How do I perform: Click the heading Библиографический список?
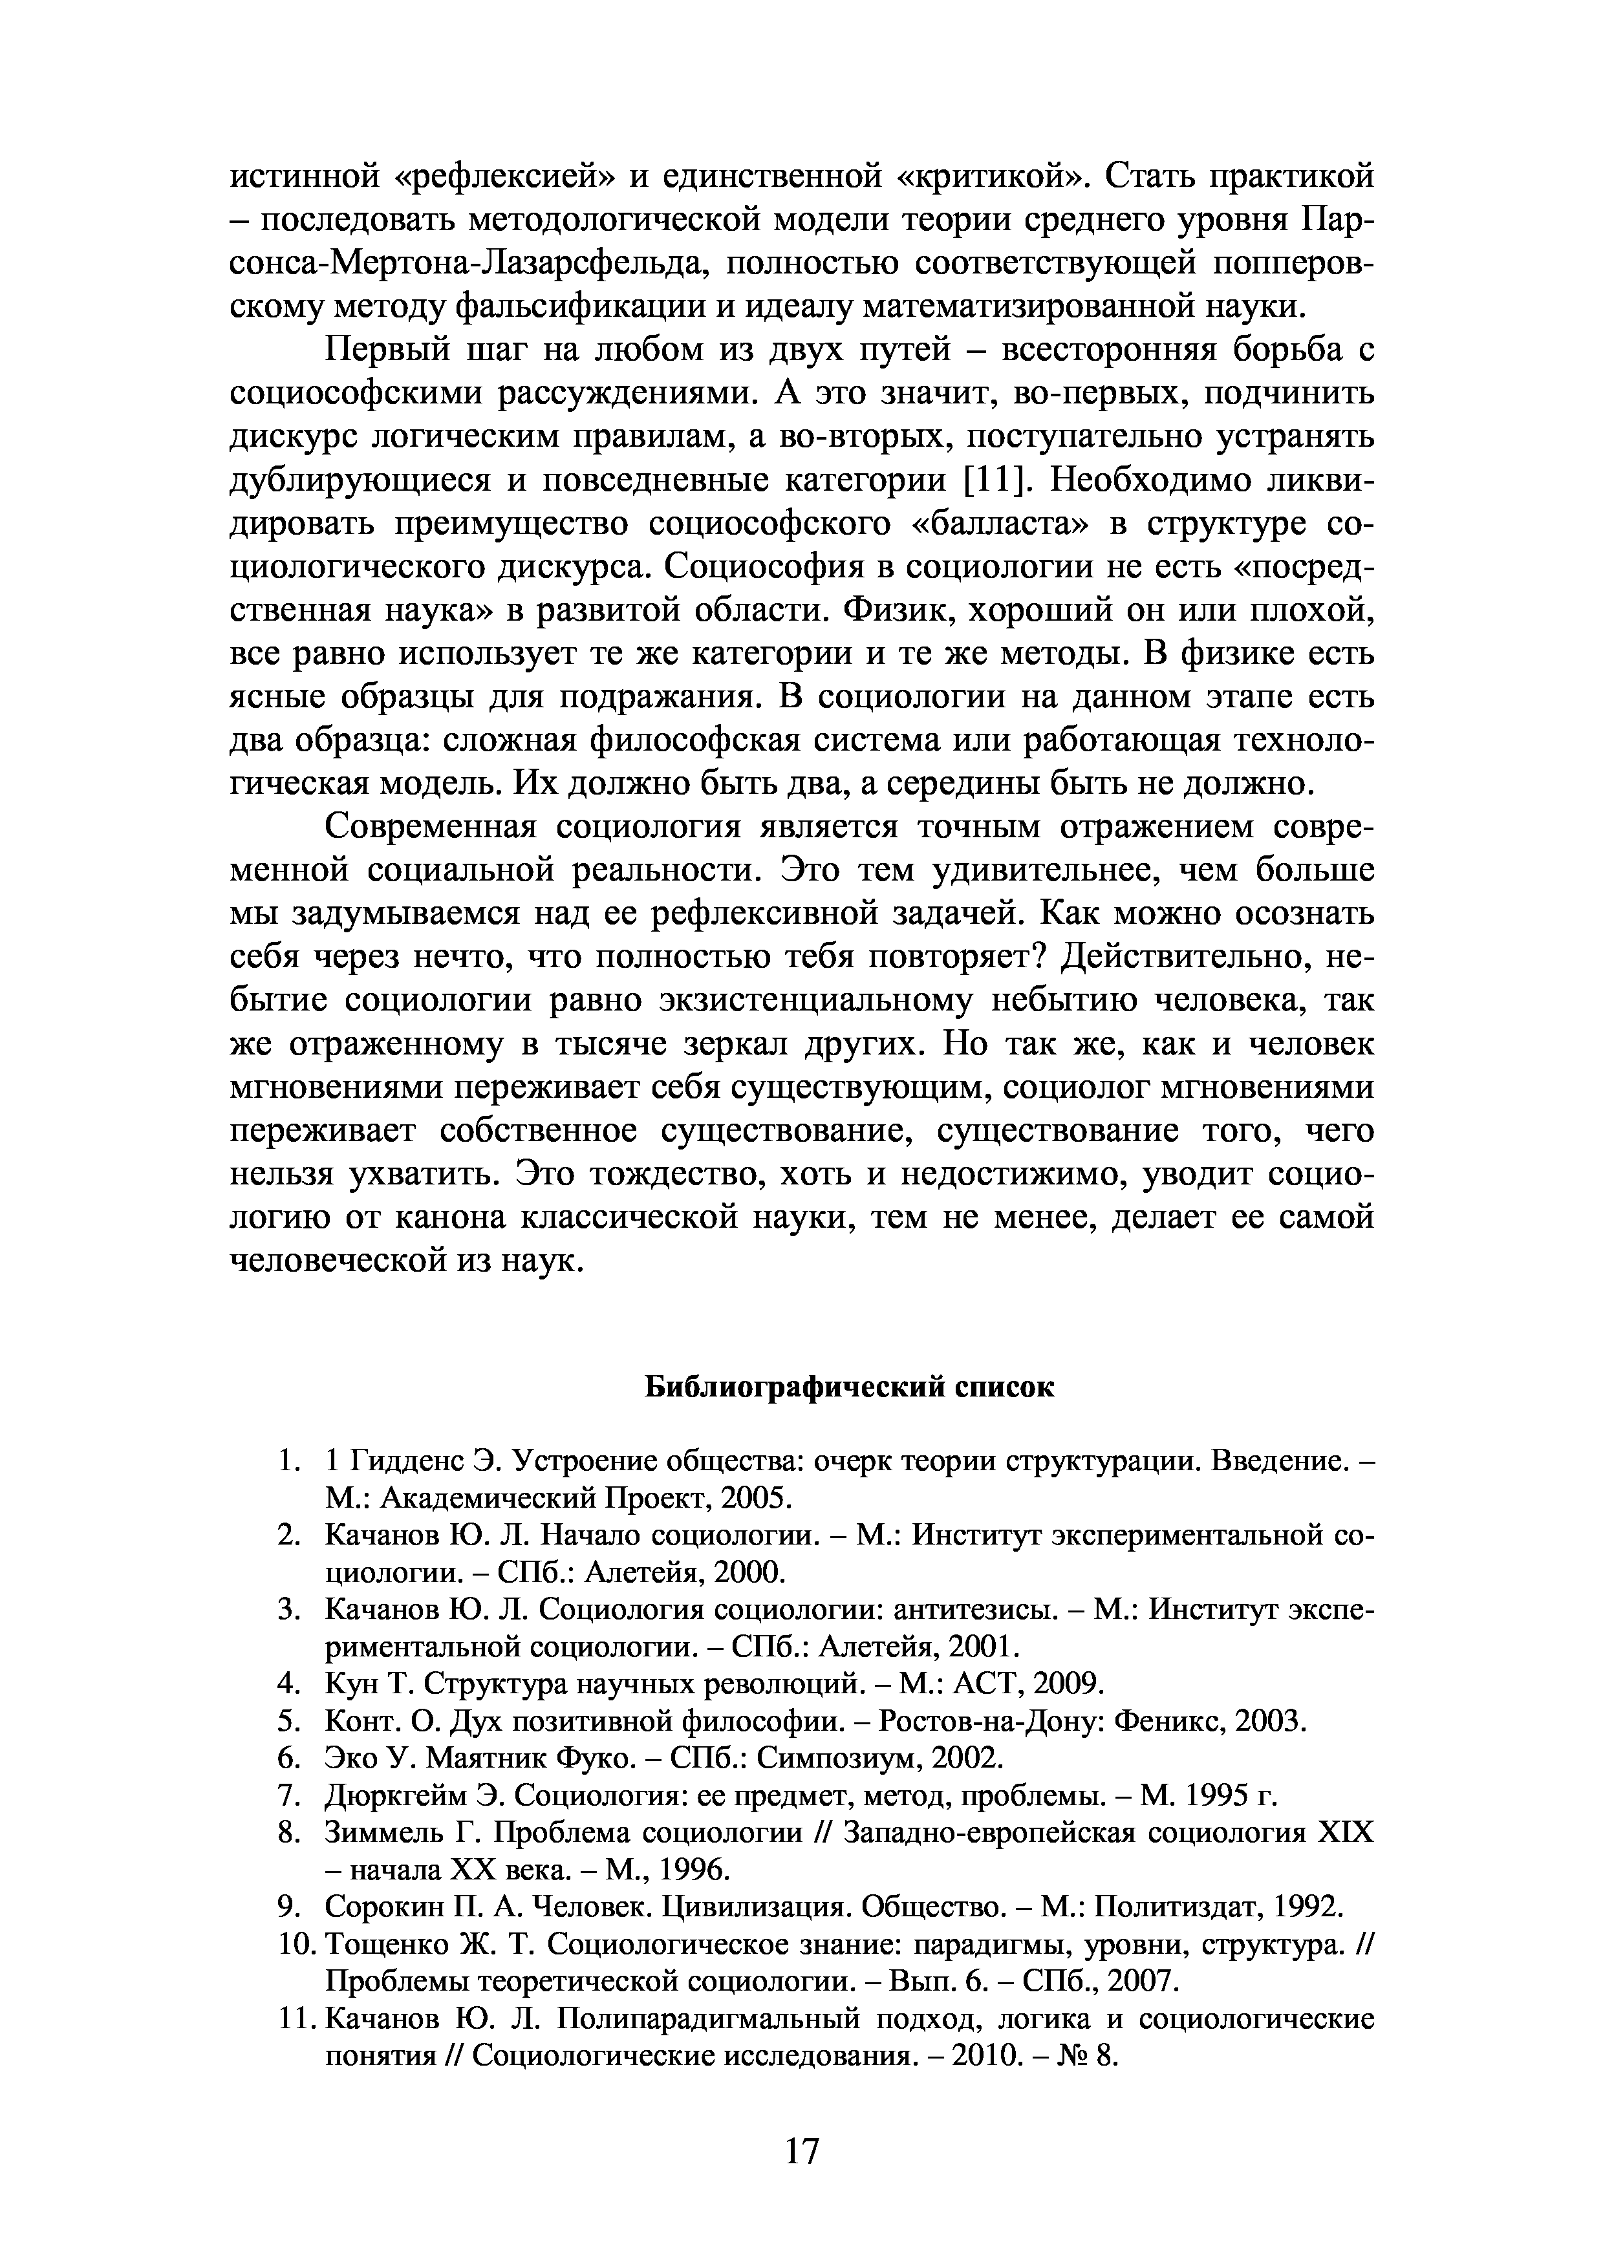click(x=850, y=1388)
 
